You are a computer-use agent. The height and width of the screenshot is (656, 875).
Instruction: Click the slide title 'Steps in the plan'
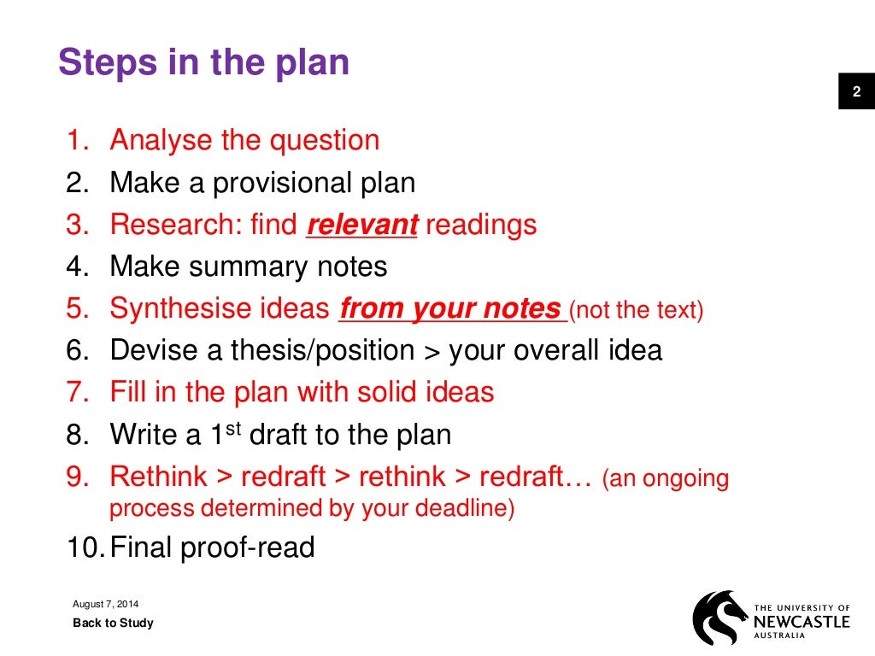coord(203,64)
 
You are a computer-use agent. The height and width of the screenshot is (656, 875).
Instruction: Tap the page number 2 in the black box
coord(856,92)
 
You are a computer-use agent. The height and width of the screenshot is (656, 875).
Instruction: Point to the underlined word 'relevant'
coord(362,225)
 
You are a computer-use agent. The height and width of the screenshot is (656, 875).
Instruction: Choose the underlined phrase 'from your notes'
coord(450,308)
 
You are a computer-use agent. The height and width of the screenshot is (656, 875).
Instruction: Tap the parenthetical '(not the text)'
coord(636,310)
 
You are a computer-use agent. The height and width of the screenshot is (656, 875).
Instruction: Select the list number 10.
coord(85,547)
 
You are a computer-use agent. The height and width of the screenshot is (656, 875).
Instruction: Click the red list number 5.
coord(77,308)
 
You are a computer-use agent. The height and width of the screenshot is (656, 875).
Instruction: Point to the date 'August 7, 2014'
coord(106,605)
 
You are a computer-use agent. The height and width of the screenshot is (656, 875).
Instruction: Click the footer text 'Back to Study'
coord(113,623)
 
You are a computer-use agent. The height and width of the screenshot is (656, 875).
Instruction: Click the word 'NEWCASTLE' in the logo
coord(802,621)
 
